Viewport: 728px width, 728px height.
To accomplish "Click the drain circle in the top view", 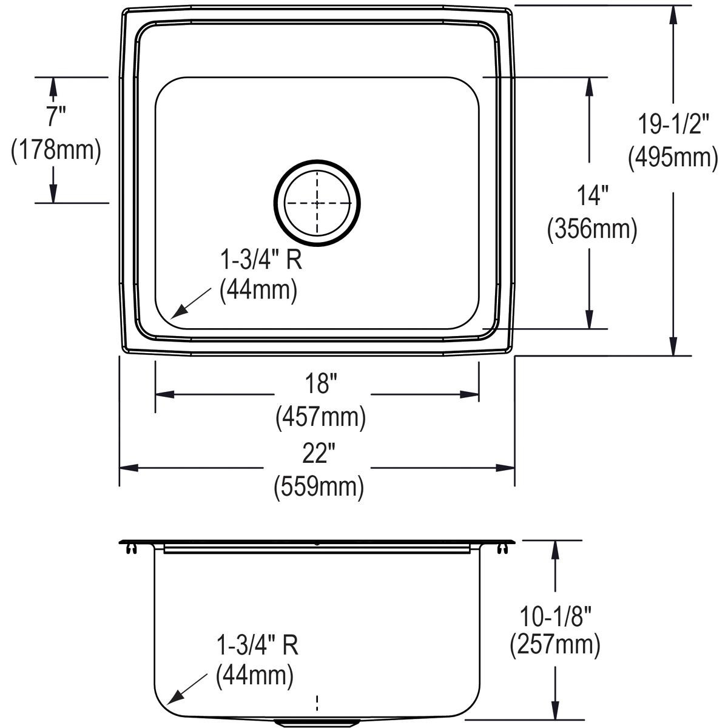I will [x=317, y=203].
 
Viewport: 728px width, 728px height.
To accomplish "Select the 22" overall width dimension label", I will [x=317, y=454].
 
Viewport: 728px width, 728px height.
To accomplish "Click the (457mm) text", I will [x=321, y=417].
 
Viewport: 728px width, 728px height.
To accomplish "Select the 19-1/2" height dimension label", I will [x=673, y=125].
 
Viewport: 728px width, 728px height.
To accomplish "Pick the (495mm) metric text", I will [x=673, y=158].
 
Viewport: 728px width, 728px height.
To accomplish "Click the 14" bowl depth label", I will [x=591, y=197].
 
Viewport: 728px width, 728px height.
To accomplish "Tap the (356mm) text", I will [x=591, y=230].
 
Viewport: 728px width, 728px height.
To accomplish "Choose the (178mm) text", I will [x=56, y=150].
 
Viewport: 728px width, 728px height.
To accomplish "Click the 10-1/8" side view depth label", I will [x=554, y=615].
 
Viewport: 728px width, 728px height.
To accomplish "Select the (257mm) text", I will [x=554, y=646].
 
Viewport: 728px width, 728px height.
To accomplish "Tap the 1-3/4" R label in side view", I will [x=257, y=646].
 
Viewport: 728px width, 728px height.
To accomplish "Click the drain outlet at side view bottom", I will [x=317, y=723].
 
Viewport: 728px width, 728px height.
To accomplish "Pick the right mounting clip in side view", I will [x=502, y=549].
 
